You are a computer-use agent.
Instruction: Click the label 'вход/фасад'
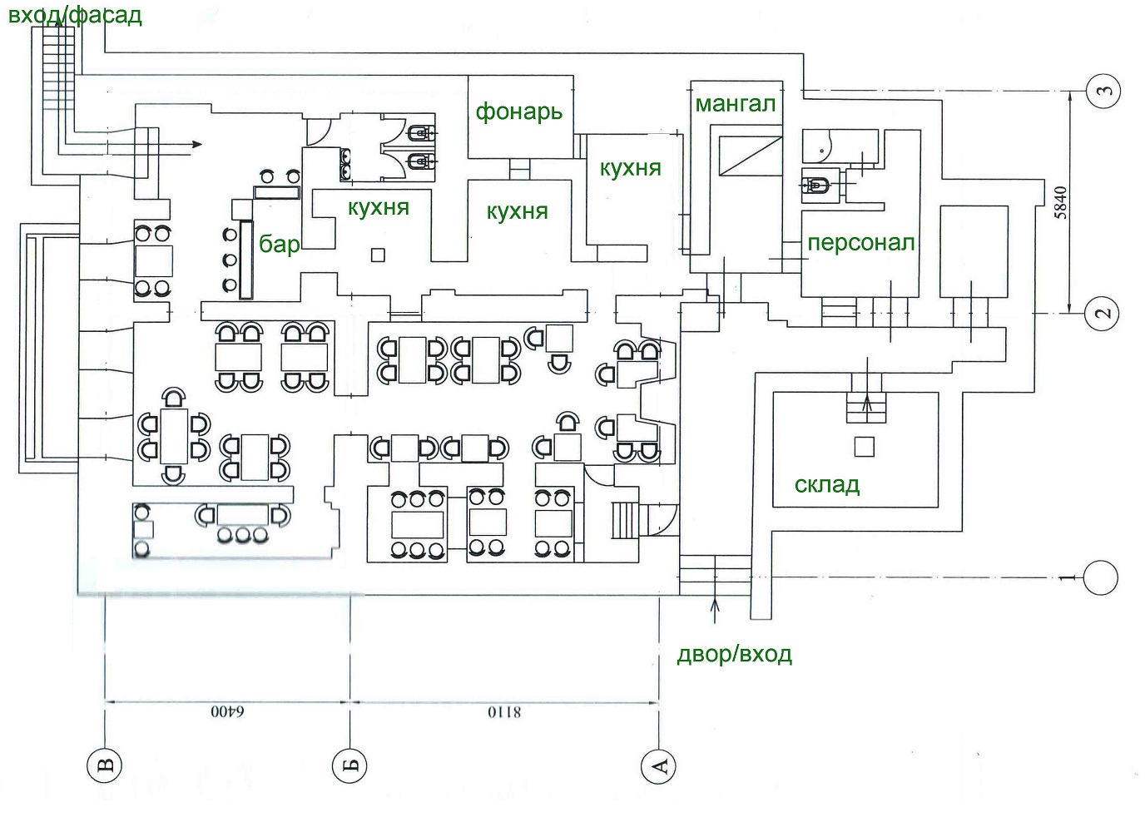click(75, 15)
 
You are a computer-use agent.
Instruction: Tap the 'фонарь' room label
click(519, 111)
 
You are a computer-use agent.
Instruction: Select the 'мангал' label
click(736, 104)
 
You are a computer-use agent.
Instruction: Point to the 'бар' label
click(279, 244)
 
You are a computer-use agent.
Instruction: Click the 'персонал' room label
click(860, 243)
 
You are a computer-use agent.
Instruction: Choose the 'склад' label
click(826, 484)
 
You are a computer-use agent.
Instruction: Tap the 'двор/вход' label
click(735, 654)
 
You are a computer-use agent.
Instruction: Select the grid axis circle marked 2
click(1103, 314)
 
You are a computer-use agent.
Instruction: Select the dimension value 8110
click(504, 712)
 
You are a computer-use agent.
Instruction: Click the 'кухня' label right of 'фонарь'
click(630, 169)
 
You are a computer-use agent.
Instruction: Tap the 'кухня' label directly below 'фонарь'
click(517, 212)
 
